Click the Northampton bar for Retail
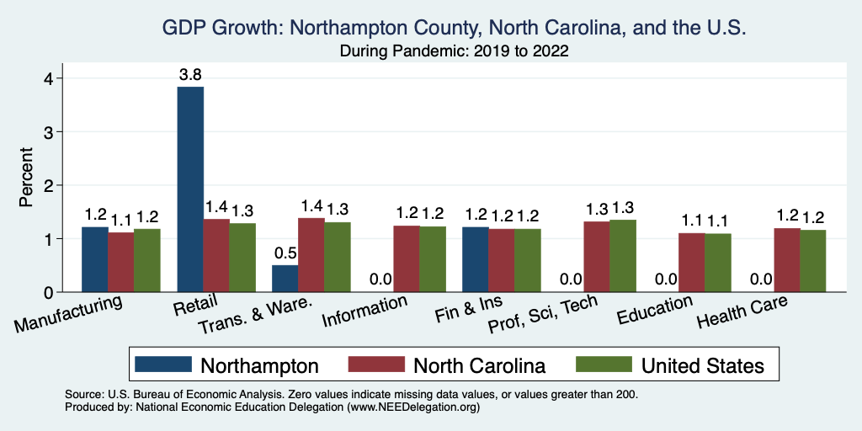coord(190,189)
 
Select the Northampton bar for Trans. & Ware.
coord(285,279)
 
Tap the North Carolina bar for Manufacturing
coord(120,262)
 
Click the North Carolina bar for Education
coord(692,263)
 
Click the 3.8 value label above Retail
coord(190,74)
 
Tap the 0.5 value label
coord(285,253)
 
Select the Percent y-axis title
coord(26,178)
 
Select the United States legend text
coord(702,365)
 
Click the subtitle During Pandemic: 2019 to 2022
coord(454,51)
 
